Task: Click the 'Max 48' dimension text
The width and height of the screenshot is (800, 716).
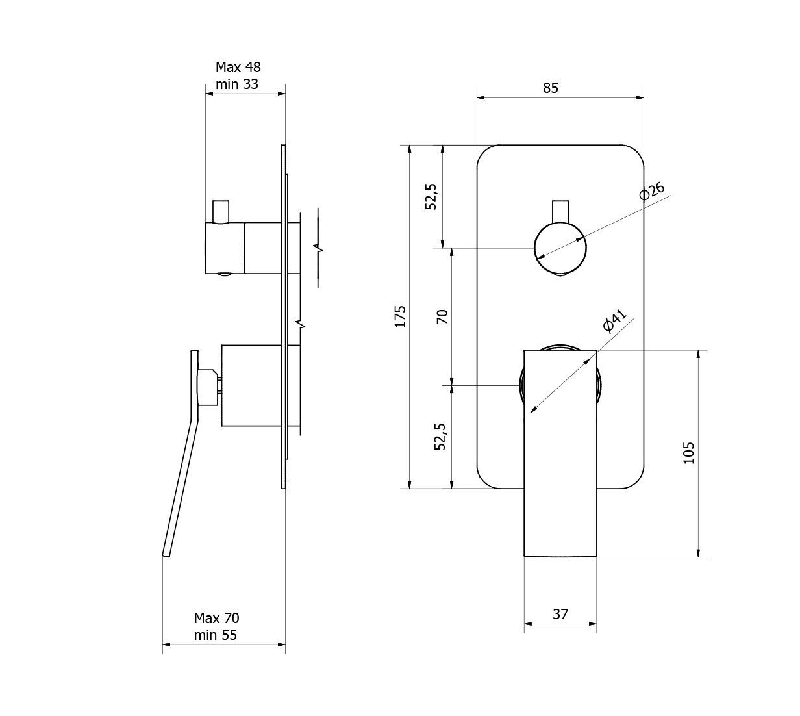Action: click(x=238, y=67)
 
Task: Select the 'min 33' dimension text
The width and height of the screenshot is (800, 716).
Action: click(x=236, y=84)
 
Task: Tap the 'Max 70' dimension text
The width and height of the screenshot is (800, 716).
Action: click(x=216, y=618)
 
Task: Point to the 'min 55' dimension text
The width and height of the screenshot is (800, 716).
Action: click(x=215, y=635)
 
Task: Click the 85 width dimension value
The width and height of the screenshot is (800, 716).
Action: click(x=551, y=88)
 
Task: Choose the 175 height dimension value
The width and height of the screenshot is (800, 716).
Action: click(x=400, y=316)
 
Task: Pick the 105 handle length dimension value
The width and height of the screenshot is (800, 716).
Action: click(x=688, y=453)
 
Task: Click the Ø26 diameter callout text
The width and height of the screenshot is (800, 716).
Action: click(x=651, y=191)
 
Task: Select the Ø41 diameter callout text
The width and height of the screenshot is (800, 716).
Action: click(x=614, y=320)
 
